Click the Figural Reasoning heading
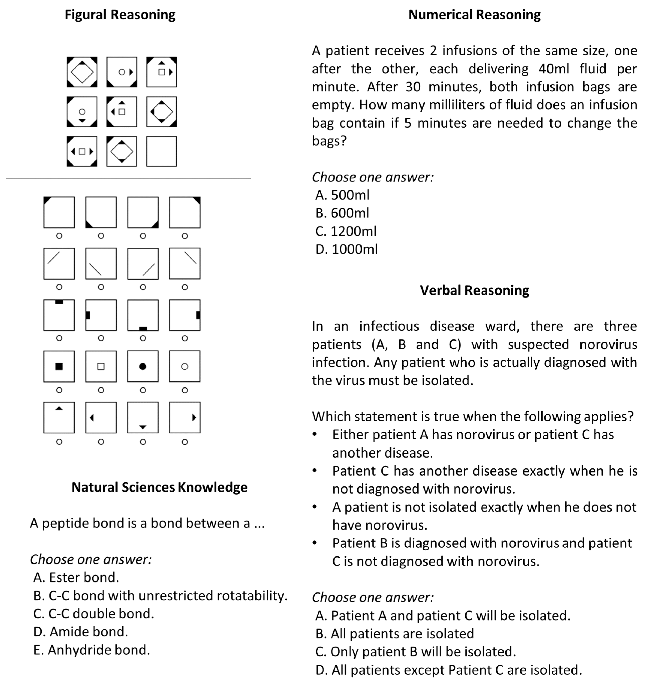(120, 15)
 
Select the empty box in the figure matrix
(161, 151)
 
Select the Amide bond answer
(81, 631)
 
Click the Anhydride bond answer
(92, 650)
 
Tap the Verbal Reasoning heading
(474, 290)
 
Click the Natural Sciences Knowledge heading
(159, 487)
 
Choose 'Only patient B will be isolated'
(416, 651)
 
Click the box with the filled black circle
(143, 366)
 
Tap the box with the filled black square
(59, 366)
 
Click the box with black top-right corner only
(185, 212)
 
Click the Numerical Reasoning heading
(474, 15)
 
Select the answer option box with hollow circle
(185, 366)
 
